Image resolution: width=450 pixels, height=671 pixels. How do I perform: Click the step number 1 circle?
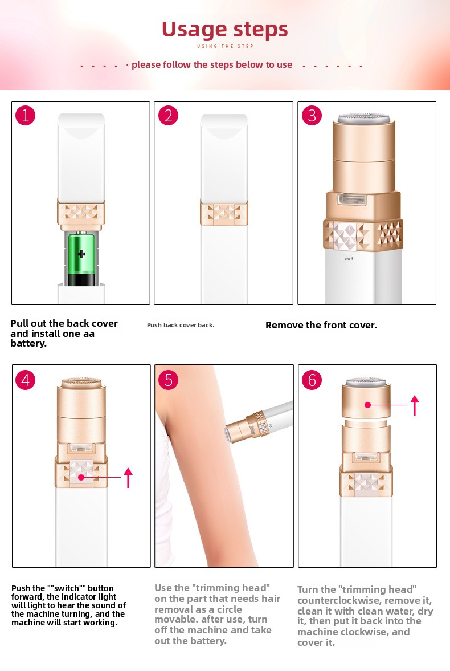25,116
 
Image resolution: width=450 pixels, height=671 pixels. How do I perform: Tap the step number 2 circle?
168,116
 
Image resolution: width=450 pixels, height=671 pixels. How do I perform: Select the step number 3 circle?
312,116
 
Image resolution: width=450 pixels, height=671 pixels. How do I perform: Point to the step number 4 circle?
25,380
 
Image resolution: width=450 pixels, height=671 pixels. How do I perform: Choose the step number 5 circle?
168,380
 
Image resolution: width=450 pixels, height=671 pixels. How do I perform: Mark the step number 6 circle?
312,380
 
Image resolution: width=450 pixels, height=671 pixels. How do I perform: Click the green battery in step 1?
81,258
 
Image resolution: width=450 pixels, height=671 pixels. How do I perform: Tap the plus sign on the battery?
81,254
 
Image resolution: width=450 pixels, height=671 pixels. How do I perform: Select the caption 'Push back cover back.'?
181,325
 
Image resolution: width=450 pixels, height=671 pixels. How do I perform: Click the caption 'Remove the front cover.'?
321,325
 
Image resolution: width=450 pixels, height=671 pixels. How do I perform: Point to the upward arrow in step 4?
128,478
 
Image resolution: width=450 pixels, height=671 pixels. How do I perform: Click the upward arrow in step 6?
415,405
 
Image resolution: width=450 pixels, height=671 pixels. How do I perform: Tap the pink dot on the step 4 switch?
81,477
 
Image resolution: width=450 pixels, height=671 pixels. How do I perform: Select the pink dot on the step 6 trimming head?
367,405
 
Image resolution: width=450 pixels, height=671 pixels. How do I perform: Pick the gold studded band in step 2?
224,213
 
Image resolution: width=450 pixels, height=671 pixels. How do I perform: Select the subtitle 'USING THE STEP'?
226,46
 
